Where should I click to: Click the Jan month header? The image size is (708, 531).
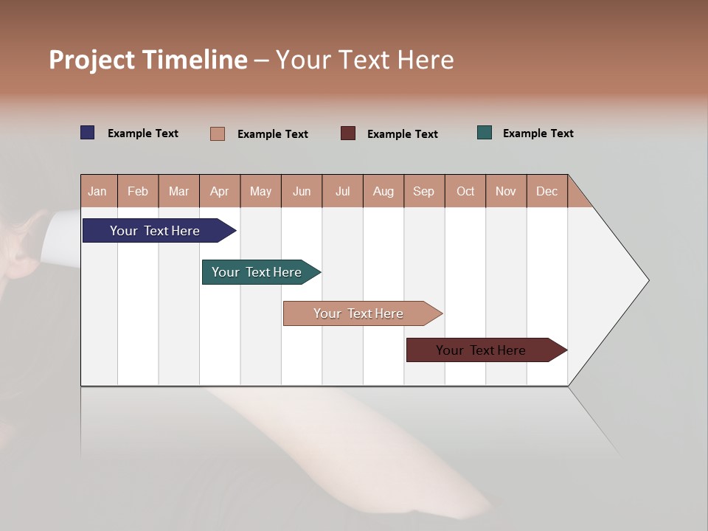point(97,191)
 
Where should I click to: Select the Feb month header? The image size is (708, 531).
point(138,191)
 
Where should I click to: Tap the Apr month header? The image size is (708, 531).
point(219,191)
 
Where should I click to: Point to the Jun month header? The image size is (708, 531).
point(302,191)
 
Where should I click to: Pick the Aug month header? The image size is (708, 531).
point(383,191)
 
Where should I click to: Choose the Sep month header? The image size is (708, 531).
point(423,191)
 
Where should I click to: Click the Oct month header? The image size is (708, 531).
point(465,191)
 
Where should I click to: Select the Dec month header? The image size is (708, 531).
point(546,191)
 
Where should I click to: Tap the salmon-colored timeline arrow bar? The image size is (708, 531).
point(360,313)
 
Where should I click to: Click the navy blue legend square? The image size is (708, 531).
point(88,133)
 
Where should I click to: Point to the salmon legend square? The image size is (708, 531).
point(217,133)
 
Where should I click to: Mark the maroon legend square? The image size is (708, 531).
point(348,133)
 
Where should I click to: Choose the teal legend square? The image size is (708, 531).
point(485,133)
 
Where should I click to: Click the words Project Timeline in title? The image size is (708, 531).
point(148,60)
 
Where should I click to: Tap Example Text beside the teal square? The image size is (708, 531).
point(538,133)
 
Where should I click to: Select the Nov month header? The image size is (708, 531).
point(506,191)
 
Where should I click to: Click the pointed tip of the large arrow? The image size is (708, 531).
point(646,280)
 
